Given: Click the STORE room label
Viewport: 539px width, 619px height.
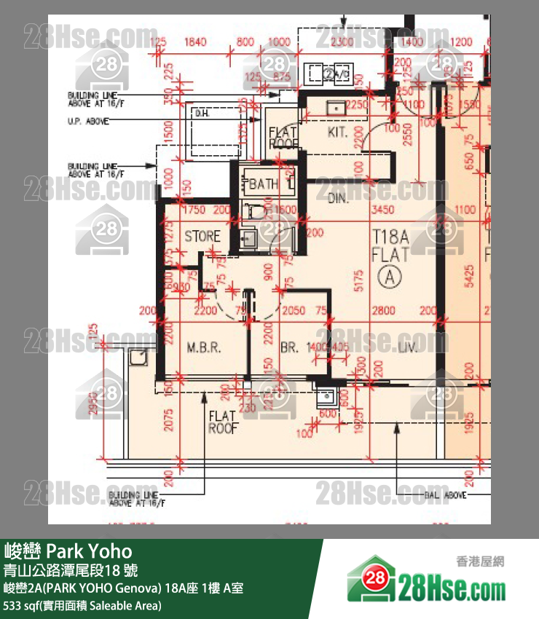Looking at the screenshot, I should (202, 236).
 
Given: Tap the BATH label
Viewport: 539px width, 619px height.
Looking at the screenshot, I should (263, 184).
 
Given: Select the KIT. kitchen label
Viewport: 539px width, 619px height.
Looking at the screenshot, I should (337, 133).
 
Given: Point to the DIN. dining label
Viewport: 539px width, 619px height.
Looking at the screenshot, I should (337, 198).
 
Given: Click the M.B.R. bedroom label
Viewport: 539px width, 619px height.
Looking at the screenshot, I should (203, 347).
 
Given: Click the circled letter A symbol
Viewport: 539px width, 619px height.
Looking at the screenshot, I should (390, 276).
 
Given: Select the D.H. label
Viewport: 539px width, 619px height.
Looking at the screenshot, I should (201, 114).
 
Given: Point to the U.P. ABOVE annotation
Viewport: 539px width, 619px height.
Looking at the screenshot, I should (87, 122).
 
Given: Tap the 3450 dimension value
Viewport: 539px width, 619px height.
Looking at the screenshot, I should (382, 210).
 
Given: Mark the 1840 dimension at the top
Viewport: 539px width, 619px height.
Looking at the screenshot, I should (196, 42).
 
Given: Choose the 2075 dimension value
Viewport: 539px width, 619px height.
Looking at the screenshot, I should (168, 419).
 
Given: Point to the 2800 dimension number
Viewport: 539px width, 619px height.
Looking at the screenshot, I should (384, 311).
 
